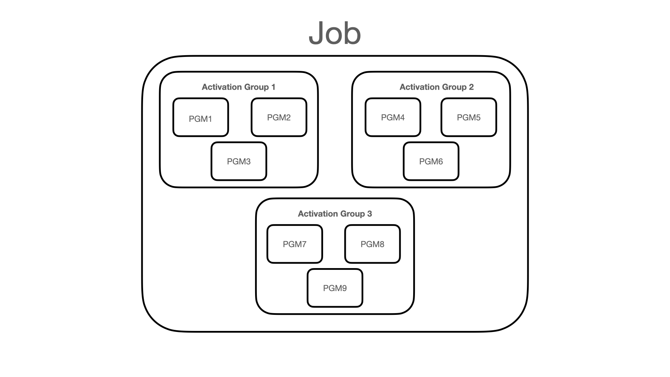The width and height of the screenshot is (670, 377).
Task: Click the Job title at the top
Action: tap(335, 33)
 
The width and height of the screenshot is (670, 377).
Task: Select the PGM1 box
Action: tap(201, 117)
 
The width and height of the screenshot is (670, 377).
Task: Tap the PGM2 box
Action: tap(279, 117)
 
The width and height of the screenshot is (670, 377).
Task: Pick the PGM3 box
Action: tap(239, 161)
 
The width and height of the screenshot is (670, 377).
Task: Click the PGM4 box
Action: tap(393, 117)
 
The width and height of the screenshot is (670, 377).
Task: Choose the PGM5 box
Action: tap(469, 117)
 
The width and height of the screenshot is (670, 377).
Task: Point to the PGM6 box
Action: tap(431, 161)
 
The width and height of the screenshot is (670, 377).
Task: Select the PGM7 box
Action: tap(295, 244)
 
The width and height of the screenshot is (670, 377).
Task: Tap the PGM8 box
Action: tap(372, 244)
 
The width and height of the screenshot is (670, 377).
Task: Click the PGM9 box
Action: tap(335, 288)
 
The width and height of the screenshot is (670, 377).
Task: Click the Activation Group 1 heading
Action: tap(238, 87)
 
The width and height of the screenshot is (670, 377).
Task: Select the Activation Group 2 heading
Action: tap(437, 87)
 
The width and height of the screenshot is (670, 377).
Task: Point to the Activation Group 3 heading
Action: tap(335, 214)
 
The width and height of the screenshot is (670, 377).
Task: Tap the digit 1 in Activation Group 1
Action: tap(273, 87)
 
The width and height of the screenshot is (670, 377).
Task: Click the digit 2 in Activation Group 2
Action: tap(471, 87)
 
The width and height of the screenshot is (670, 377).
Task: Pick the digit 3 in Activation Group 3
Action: tap(370, 214)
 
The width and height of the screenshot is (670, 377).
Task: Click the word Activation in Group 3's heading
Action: tap(317, 214)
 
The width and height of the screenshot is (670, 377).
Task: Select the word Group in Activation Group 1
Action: tap(256, 87)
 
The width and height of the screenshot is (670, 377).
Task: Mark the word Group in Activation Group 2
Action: tap(454, 87)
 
